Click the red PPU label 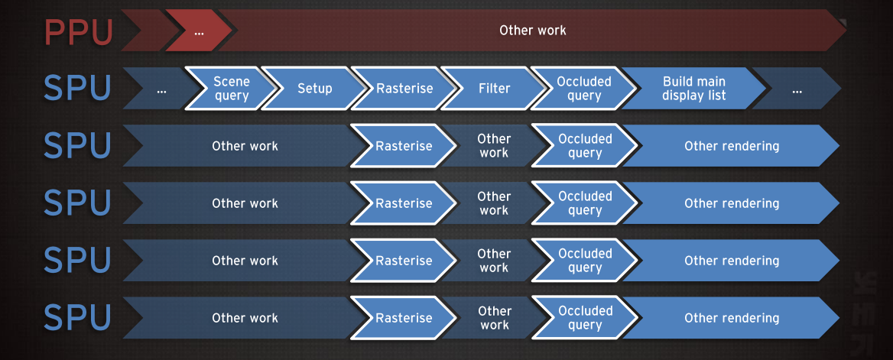coord(78,31)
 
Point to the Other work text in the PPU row coord(532,30)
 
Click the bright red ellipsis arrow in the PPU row coord(199,31)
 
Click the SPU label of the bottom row coord(77,317)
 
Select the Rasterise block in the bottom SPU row coord(404,317)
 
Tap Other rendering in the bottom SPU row coord(732,317)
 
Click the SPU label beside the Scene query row coord(77,89)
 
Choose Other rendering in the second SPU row coord(732,145)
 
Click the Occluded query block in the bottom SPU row coord(584,317)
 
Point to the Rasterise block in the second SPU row coord(404,145)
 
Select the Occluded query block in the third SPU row coord(584,203)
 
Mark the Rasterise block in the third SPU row coord(404,203)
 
